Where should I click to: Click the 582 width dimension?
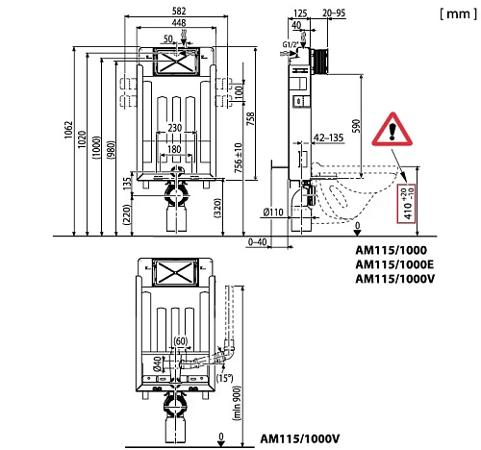pyautogui.click(x=179, y=11)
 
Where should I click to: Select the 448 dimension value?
pyautogui.click(x=179, y=23)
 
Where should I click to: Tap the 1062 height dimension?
pyautogui.click(x=69, y=130)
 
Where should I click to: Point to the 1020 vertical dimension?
pyautogui.click(x=82, y=139)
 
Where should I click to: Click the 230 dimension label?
pyautogui.click(x=175, y=128)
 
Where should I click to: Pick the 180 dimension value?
pyautogui.click(x=174, y=149)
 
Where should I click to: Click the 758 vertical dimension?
pyautogui.click(x=250, y=118)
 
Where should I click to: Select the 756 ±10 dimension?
pyautogui.click(x=239, y=158)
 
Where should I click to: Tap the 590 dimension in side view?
pyautogui.click(x=356, y=126)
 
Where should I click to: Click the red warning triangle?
pyautogui.click(x=392, y=130)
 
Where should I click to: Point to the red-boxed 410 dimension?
pyautogui.click(x=406, y=204)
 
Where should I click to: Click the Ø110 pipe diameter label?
pyautogui.click(x=273, y=212)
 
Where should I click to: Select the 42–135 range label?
pyautogui.click(x=329, y=137)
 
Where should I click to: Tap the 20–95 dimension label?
pyautogui.click(x=334, y=12)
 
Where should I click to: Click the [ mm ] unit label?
pyautogui.click(x=458, y=13)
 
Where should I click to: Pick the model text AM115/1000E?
pyautogui.click(x=394, y=264)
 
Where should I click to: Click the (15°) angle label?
pyautogui.click(x=224, y=378)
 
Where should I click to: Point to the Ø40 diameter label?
pyautogui.click(x=157, y=364)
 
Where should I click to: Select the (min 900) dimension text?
pyautogui.click(x=237, y=403)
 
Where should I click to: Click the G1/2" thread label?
pyautogui.click(x=291, y=44)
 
